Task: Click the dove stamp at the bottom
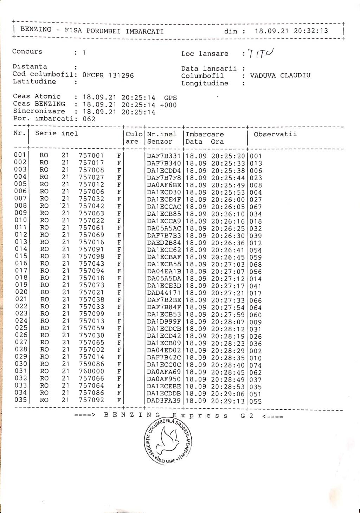point(168,441)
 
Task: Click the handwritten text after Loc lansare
point(261,53)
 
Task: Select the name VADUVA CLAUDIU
point(280,75)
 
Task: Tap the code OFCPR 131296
point(108,75)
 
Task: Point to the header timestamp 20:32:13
point(311,31)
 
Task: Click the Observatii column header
point(275,134)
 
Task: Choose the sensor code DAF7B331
point(164,156)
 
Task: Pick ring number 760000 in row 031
point(91,371)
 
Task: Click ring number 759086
point(91,364)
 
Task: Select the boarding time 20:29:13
point(228,401)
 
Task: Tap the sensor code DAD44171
point(164,293)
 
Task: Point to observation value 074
point(256,365)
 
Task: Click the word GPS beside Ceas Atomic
point(171,98)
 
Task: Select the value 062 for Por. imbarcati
point(89,119)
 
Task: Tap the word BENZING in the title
point(36,30)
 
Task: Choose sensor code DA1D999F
point(164,322)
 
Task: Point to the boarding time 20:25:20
point(228,156)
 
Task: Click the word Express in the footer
point(200,416)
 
